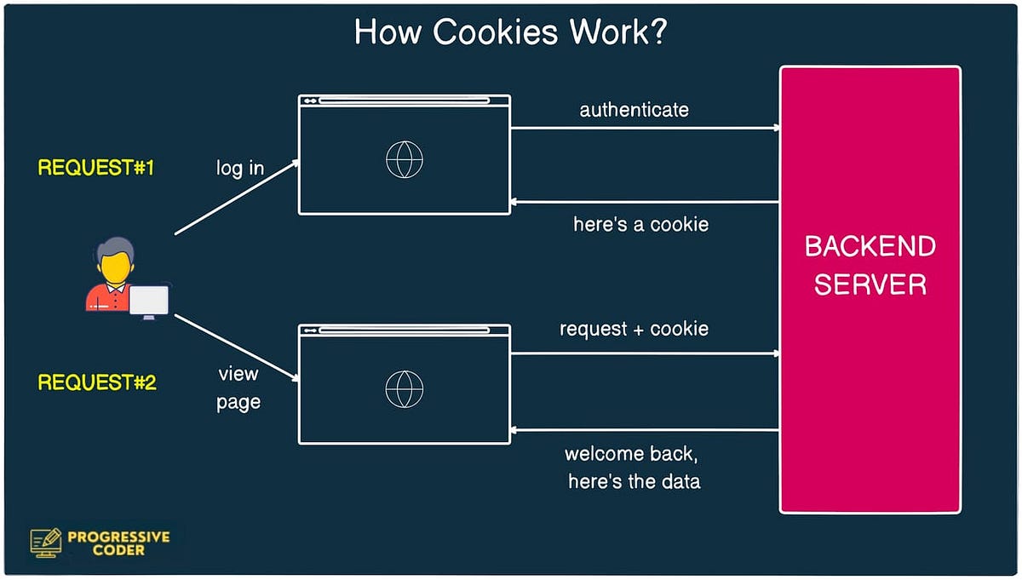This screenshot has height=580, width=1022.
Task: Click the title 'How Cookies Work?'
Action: pos(510,33)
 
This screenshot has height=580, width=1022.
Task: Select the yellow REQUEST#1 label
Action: pos(95,168)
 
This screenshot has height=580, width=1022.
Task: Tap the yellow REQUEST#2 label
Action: pos(96,382)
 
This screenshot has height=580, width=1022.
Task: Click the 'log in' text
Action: pos(239,169)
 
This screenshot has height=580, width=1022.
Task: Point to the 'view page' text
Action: pos(238,388)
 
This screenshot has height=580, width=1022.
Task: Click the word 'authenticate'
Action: pos(634,110)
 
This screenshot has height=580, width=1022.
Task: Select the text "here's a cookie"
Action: pos(640,225)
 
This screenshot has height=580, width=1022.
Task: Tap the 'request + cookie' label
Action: pos(634,329)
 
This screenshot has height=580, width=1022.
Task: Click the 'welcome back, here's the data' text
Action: pos(634,467)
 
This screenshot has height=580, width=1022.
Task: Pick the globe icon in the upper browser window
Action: pos(404,159)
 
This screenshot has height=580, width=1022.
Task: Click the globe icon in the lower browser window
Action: pos(404,388)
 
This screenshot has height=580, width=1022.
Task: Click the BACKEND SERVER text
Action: pos(870,265)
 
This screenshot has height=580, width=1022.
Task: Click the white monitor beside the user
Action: pos(148,301)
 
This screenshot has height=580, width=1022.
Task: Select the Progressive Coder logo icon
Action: pos(46,542)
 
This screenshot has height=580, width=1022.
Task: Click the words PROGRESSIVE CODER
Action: pos(118,543)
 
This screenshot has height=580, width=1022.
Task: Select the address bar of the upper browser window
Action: pos(404,100)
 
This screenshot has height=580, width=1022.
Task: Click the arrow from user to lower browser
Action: pos(236,347)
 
